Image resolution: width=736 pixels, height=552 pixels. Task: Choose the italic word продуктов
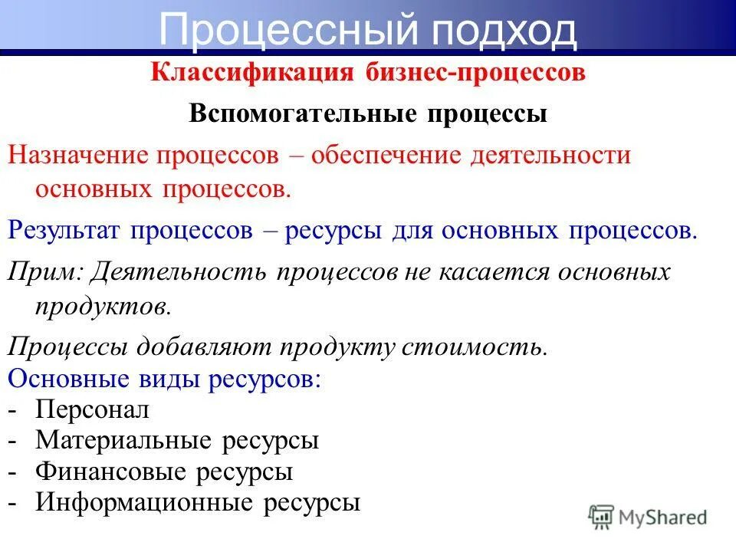pyautogui.click(x=100, y=307)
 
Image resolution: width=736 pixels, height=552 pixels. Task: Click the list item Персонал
pyautogui.click(x=93, y=410)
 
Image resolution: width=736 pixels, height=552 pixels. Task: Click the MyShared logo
pyautogui.click(x=647, y=517)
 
